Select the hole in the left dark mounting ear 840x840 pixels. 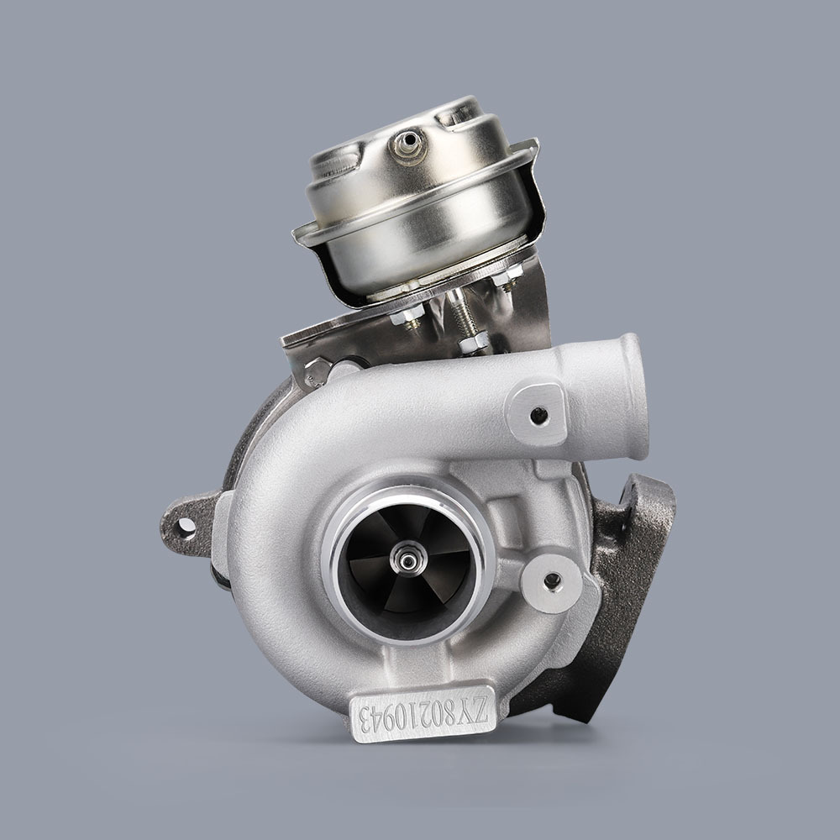pos(186,527)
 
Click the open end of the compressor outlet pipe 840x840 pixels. pos(632,395)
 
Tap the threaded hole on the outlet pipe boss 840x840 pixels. pos(538,414)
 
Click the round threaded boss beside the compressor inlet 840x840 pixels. pos(552,581)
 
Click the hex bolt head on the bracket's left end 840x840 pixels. pos(317,368)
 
